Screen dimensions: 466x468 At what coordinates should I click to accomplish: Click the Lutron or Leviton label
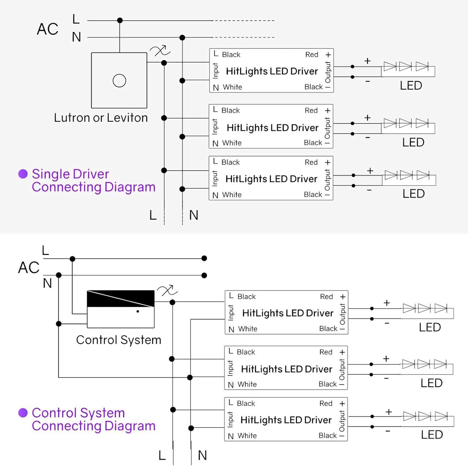pos(100,118)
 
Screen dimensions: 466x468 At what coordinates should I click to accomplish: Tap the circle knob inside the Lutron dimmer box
pos(119,80)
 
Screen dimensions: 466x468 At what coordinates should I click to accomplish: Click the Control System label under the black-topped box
pos(119,340)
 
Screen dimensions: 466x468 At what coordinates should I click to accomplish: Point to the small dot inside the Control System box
pos(138,311)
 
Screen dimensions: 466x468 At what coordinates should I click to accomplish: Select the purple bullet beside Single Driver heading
pos(23,174)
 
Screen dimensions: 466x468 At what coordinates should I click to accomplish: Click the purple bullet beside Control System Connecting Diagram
pos(23,413)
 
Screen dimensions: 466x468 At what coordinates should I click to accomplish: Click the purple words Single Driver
pos(71,174)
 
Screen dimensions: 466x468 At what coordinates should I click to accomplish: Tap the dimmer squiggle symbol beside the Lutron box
pos(160,51)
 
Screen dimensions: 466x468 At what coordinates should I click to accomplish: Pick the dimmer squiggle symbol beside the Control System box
pos(167,291)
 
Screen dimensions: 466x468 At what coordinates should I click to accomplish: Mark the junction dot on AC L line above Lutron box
pos(120,21)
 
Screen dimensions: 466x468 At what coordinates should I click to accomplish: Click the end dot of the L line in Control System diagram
pos(204,258)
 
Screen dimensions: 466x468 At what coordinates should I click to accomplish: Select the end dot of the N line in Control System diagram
pos(204,275)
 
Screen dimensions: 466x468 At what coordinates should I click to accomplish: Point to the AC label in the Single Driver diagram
pos(47,29)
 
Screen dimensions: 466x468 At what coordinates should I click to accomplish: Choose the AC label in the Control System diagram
pos(29,268)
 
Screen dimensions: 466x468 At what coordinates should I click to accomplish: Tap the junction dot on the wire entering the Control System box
pos(59,324)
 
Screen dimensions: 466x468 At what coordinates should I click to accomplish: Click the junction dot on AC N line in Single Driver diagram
pos(183,38)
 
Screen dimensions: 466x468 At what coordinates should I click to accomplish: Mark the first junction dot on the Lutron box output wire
pos(164,63)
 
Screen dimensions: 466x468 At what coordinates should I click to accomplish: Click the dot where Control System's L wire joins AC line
pos(72,259)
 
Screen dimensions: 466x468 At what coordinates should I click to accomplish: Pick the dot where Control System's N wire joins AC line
pos(59,275)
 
